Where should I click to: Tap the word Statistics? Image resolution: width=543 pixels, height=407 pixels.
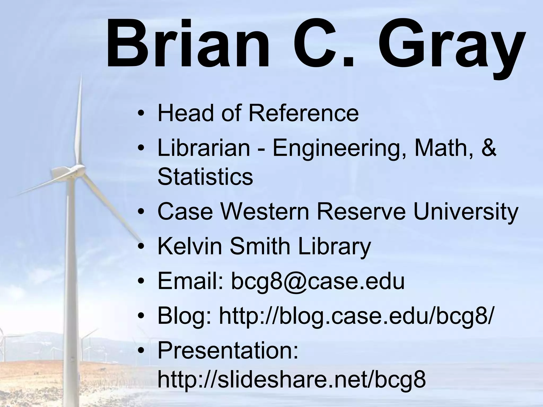pyautogui.click(x=205, y=177)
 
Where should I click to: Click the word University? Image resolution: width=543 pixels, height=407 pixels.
pyautogui.click(x=466, y=213)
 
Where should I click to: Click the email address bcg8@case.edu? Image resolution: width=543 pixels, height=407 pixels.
pyautogui.click(x=318, y=281)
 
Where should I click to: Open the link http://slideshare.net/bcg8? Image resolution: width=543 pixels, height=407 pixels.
pyautogui.click(x=292, y=380)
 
